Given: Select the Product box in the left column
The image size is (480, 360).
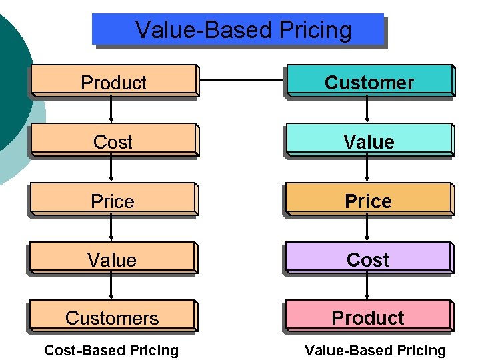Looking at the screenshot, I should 113,81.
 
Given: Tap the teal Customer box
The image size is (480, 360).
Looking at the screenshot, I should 369,81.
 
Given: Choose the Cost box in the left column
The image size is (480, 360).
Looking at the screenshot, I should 113,141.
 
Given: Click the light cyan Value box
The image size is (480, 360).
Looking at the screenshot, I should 369,141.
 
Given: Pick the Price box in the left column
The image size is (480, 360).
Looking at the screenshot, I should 113,200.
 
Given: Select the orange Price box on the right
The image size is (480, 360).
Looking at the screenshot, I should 369,200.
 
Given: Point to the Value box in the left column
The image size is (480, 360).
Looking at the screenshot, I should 113,259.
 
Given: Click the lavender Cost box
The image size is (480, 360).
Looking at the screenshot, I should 369,259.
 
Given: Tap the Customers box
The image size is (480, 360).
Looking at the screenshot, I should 113,317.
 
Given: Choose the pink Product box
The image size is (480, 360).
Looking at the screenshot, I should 369,317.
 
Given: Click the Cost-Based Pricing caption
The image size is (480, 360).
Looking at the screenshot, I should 111,350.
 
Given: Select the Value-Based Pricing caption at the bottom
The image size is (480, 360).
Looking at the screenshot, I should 375,350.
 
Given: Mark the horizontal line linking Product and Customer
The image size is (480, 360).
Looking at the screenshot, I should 241,81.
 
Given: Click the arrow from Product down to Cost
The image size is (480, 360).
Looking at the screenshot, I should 111,111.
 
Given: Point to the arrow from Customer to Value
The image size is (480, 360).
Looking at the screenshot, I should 367,111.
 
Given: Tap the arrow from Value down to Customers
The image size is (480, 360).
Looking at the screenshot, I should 111,287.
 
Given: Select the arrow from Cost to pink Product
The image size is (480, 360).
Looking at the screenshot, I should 367,287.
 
